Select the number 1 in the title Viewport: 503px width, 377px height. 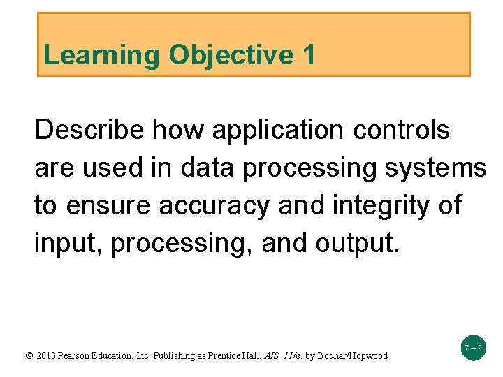309,54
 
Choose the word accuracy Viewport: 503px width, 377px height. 214,206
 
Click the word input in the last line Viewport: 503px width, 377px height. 67,244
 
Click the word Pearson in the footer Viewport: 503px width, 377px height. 79,355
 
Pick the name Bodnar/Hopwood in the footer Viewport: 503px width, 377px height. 352,355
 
